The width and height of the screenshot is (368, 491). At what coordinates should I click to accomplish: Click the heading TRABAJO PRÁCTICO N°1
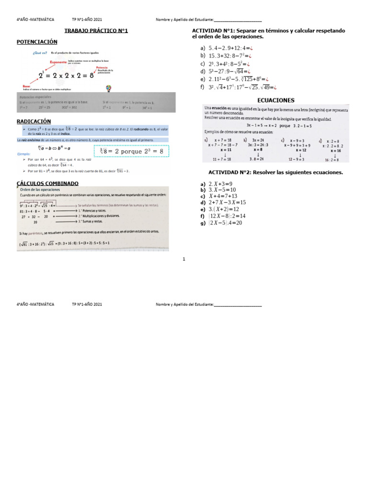pos(96,31)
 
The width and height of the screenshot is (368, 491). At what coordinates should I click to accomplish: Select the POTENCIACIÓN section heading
pos(37,42)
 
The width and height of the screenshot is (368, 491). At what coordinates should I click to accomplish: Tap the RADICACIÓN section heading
pos(34,122)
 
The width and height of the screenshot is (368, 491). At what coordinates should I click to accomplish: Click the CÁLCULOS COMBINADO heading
pos(47,183)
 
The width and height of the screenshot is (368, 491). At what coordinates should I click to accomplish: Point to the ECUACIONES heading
pos(276,100)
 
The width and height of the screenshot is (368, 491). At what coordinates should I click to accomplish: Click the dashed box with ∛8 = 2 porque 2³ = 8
pos(131,152)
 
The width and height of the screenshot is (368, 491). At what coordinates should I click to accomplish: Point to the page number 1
pos(184,259)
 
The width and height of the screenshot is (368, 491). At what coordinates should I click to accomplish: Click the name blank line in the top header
pos(238,20)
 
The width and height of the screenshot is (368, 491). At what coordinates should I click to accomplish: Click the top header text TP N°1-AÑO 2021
pos(87,20)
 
